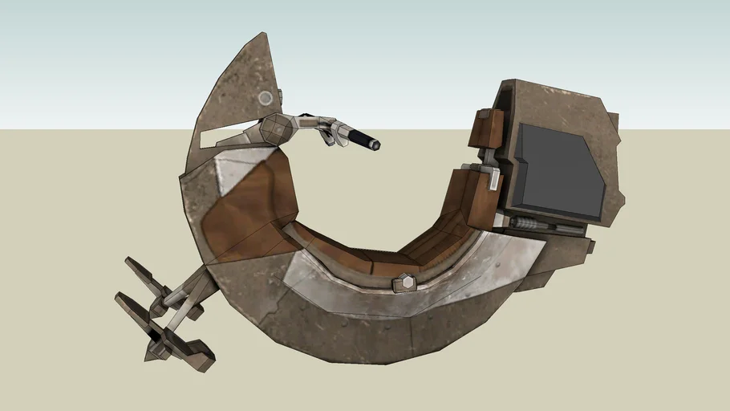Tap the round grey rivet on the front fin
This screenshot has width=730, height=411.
(265, 98)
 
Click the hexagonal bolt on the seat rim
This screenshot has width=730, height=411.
(405, 282)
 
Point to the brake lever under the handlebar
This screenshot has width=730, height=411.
(326, 136)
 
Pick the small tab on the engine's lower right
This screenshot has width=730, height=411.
(590, 246)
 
